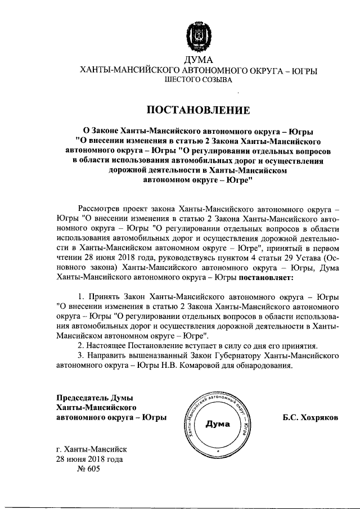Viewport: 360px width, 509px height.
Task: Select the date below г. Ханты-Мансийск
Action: (x=89, y=460)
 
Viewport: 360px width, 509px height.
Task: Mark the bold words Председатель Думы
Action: (x=93, y=398)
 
